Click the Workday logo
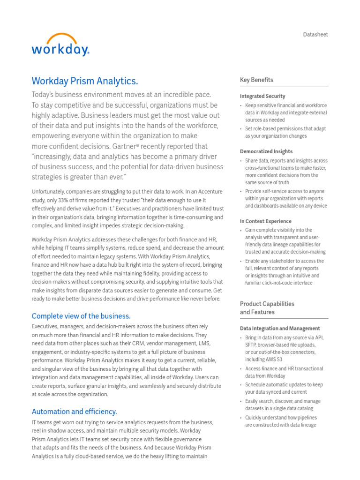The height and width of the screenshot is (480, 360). point(60,45)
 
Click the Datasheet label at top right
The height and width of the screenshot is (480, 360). point(315,35)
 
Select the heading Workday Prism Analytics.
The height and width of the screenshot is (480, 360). point(84,81)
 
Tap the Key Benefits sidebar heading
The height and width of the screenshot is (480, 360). point(256,80)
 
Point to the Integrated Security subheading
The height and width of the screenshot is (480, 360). point(262,96)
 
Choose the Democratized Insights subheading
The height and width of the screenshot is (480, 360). point(266,151)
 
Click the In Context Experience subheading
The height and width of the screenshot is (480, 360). point(265,221)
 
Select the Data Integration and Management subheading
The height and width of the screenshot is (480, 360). point(280,329)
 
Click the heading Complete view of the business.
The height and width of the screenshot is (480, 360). point(81,315)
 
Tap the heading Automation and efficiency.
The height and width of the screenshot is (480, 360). point(74,412)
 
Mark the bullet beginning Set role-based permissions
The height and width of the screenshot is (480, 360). point(285,132)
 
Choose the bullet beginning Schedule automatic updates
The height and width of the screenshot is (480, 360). point(284,388)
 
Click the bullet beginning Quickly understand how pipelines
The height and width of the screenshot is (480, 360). point(281,421)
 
